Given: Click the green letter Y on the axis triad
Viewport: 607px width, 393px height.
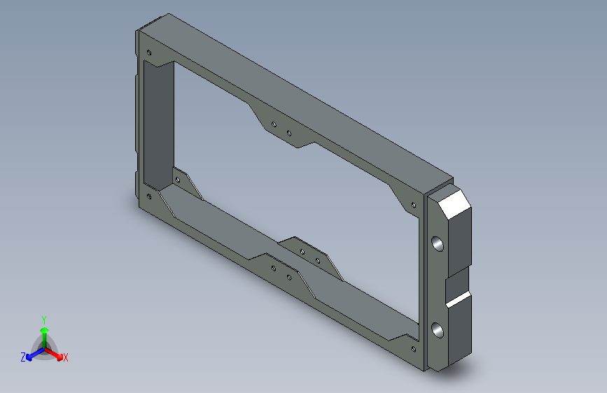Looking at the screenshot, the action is pyautogui.click(x=44, y=320).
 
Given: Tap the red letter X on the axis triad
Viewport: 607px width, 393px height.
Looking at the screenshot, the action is pyautogui.click(x=65, y=357).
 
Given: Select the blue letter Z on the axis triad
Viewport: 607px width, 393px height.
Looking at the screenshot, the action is pyautogui.click(x=23, y=357).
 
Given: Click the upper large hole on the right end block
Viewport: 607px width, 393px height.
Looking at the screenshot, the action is pyautogui.click(x=438, y=243).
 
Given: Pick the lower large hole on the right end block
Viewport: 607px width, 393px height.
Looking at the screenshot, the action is pyautogui.click(x=438, y=330).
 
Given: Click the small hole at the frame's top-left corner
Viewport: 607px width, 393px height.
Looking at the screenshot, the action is pyautogui.click(x=149, y=52).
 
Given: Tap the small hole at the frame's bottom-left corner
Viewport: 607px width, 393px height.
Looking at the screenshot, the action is pyautogui.click(x=149, y=197).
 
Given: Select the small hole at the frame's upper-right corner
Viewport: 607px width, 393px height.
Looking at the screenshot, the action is pyautogui.click(x=414, y=205).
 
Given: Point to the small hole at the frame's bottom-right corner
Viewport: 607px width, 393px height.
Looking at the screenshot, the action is pyautogui.click(x=414, y=349).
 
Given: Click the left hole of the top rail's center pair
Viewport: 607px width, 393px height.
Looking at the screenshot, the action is pyautogui.click(x=274, y=124).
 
